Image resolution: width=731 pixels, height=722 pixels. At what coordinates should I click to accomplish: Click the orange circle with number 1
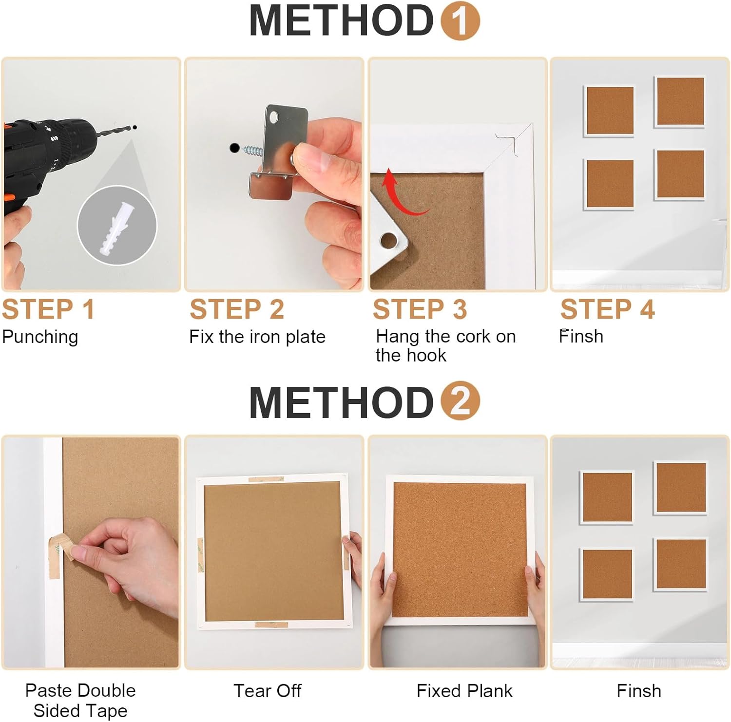coord(460,20)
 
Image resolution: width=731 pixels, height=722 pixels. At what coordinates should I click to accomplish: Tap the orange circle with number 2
coord(460,400)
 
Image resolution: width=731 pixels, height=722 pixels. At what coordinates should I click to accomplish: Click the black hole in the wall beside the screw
coord(235,148)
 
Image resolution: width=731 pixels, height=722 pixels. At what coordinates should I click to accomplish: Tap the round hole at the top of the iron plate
coord(273,117)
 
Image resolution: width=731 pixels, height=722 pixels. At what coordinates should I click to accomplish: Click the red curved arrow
coord(402,195)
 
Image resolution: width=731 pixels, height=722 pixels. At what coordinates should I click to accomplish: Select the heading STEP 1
coord(48,309)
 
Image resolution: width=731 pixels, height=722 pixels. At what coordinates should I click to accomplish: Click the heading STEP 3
coord(420,309)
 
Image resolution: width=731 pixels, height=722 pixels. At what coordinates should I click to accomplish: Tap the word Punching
coord(40,337)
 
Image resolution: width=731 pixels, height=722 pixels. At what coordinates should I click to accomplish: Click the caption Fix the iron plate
coord(257,337)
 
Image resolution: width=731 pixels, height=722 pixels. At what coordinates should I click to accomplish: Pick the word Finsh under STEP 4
coord(581,336)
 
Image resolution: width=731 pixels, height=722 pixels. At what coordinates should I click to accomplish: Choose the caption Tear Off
coord(267,690)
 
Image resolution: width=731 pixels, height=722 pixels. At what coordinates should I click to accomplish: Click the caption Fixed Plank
coord(464,690)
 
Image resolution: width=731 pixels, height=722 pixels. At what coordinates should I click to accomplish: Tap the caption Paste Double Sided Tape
coord(80,700)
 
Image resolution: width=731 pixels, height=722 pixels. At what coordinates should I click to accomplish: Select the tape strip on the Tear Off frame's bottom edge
coord(271,624)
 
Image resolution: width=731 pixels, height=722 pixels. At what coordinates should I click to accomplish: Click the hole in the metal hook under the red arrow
coord(388,240)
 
